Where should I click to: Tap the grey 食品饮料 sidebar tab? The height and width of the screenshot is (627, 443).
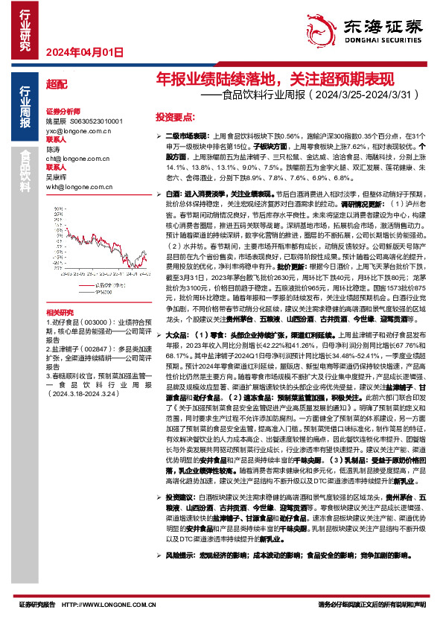(25, 172)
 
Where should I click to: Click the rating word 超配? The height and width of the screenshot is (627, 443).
(56, 85)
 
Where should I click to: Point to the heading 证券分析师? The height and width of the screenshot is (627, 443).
(62, 109)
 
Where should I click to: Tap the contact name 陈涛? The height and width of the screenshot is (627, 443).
(54, 149)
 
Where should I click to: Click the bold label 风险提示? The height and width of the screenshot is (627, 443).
(182, 576)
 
